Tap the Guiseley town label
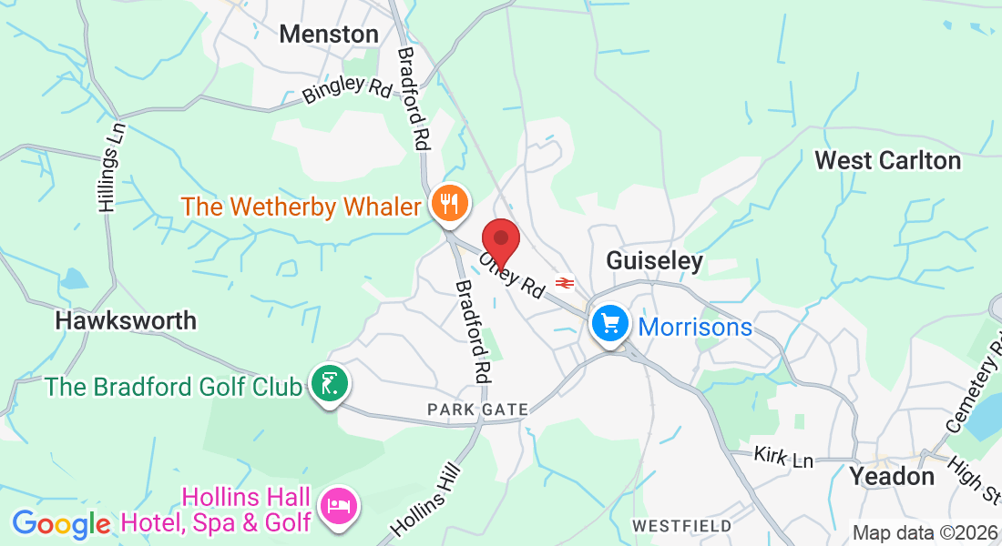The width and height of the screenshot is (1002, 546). click(655, 262)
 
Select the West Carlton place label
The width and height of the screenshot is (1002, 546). click(887, 161)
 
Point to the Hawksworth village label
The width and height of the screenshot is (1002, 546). click(126, 320)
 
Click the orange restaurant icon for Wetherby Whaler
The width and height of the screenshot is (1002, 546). click(448, 203)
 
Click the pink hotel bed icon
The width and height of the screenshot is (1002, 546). click(339, 506)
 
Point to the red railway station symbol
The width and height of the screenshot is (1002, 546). click(565, 283)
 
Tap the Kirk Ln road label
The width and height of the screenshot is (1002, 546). click(783, 458)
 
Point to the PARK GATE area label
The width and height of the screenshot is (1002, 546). click(477, 410)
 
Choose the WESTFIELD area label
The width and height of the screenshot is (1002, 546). click(682, 526)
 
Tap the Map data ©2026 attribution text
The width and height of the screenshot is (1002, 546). click(924, 532)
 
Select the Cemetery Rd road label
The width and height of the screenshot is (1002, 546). click(971, 383)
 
